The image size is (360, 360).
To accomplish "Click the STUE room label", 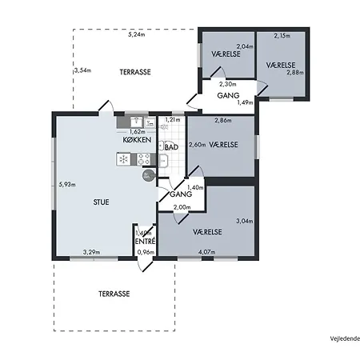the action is [x=101, y=202].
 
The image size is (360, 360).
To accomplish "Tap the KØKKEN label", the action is [x=137, y=140].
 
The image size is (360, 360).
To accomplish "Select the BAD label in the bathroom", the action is [x=171, y=147].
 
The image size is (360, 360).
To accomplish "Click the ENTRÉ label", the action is [x=146, y=242].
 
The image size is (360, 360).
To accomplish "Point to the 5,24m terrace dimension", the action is [x=137, y=34].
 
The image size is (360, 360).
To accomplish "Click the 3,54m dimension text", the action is [x=82, y=70].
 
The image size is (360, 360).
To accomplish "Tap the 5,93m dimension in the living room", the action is [x=67, y=184].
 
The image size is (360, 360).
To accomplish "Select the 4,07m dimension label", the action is [x=206, y=252].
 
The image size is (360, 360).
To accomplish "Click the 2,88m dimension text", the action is [x=295, y=72].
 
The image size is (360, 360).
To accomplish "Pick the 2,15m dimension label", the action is [x=282, y=35].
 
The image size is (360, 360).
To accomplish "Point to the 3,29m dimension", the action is [x=91, y=252].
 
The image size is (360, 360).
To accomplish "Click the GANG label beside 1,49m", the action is [x=228, y=95].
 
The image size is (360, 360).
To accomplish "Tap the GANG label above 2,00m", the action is [x=181, y=194].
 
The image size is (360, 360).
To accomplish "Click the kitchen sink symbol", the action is [x=137, y=122].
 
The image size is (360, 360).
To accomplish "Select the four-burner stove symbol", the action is [x=144, y=159].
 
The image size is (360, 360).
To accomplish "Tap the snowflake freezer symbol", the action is [x=123, y=159].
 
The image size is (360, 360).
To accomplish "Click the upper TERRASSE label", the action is [x=135, y=72].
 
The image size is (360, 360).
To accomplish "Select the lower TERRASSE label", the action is [x=114, y=294].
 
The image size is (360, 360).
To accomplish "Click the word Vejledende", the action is [x=345, y=338].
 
